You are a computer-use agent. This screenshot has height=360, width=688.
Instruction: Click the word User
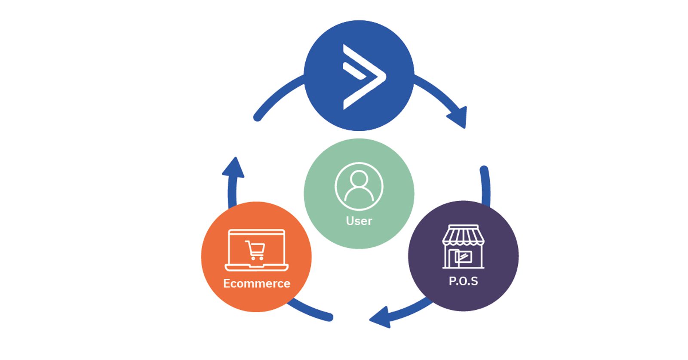pos(359,221)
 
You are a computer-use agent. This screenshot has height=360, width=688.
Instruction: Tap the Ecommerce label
pos(256,283)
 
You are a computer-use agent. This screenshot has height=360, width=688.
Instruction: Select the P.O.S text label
pos(463,281)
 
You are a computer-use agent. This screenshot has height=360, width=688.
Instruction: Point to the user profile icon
pos(359,186)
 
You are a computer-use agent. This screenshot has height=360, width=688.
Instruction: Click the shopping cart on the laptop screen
pos(255,250)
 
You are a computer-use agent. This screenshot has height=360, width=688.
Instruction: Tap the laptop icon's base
pos(257,268)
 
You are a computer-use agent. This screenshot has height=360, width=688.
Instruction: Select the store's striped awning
pos(463,236)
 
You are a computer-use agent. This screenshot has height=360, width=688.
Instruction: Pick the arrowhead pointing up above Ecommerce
pos(233,168)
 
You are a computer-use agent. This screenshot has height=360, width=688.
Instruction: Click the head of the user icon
pos(359,178)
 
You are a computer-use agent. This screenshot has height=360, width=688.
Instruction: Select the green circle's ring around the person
pos(336,186)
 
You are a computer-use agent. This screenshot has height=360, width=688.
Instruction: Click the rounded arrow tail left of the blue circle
pos(258,117)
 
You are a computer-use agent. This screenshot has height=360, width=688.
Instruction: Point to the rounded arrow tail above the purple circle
pos(484,170)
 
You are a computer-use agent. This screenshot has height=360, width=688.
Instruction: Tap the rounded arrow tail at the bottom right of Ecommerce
pos(329,317)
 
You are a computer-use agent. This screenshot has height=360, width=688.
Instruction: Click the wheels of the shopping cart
pos(257,258)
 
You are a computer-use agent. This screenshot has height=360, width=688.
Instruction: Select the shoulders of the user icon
pos(359,194)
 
